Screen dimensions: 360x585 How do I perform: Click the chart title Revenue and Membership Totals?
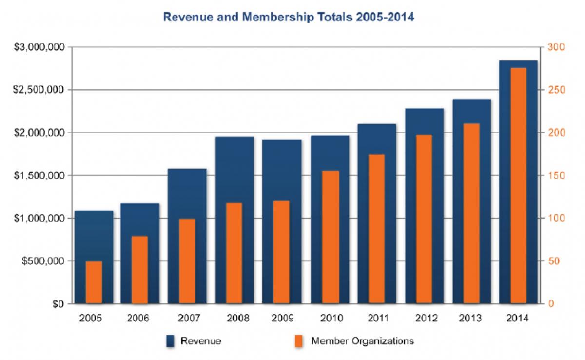288,18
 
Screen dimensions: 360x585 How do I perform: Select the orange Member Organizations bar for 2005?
94,282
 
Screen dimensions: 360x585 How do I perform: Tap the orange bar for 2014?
518,186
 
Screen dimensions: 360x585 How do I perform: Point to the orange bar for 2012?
424,219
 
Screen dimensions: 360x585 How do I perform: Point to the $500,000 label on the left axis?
44,261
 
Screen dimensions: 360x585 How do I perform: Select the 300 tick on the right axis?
556,47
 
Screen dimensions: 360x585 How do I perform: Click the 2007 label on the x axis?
188,319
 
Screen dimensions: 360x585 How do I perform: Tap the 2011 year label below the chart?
377,319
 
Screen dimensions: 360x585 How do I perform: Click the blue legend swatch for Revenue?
170,341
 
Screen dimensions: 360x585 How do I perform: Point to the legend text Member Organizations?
362,341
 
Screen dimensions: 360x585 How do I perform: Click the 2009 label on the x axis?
282,319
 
